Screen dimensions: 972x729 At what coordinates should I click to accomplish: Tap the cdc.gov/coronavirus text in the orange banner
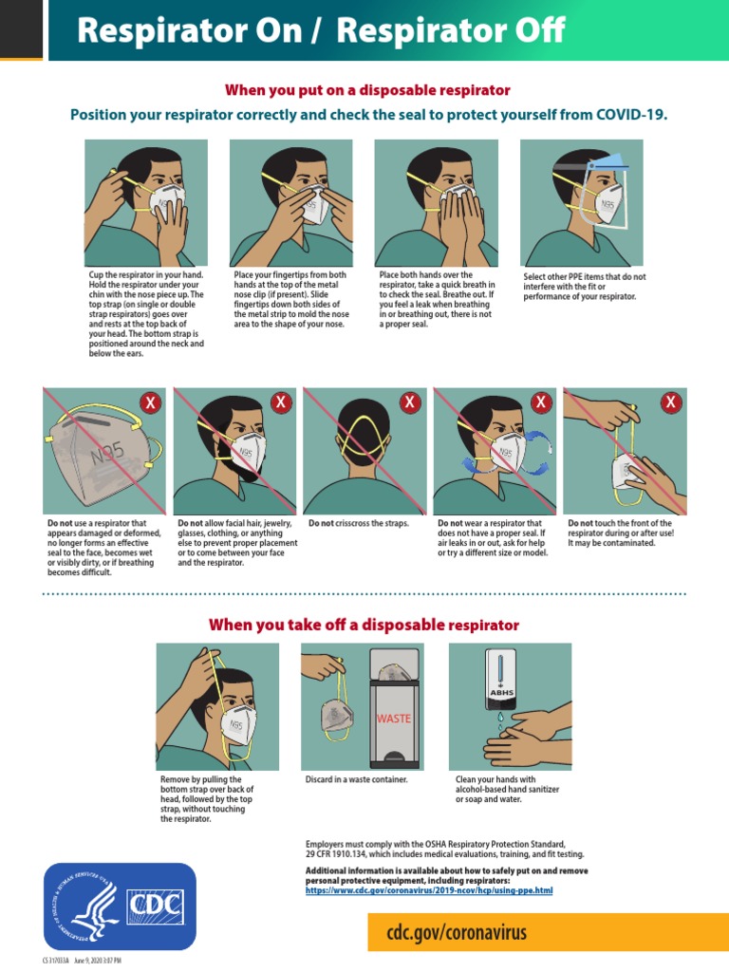coord(456,932)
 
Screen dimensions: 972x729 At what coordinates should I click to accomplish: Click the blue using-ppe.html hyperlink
coord(428,891)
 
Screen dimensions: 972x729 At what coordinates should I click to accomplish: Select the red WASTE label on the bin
coord(394,719)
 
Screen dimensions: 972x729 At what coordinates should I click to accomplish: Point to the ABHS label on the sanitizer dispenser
coord(501,693)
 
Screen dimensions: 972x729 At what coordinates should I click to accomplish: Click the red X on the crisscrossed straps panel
coord(410,402)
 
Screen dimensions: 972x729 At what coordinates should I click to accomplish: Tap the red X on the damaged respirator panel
coord(150,402)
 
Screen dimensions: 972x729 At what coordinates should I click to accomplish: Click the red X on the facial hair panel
coord(280,402)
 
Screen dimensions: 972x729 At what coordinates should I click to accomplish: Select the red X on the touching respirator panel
coord(671,402)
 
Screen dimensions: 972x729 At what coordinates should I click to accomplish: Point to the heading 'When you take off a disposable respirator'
coord(364,625)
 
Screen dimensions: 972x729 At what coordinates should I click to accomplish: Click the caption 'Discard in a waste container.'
coord(356,779)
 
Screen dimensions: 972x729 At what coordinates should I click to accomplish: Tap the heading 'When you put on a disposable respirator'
coord(367,90)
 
